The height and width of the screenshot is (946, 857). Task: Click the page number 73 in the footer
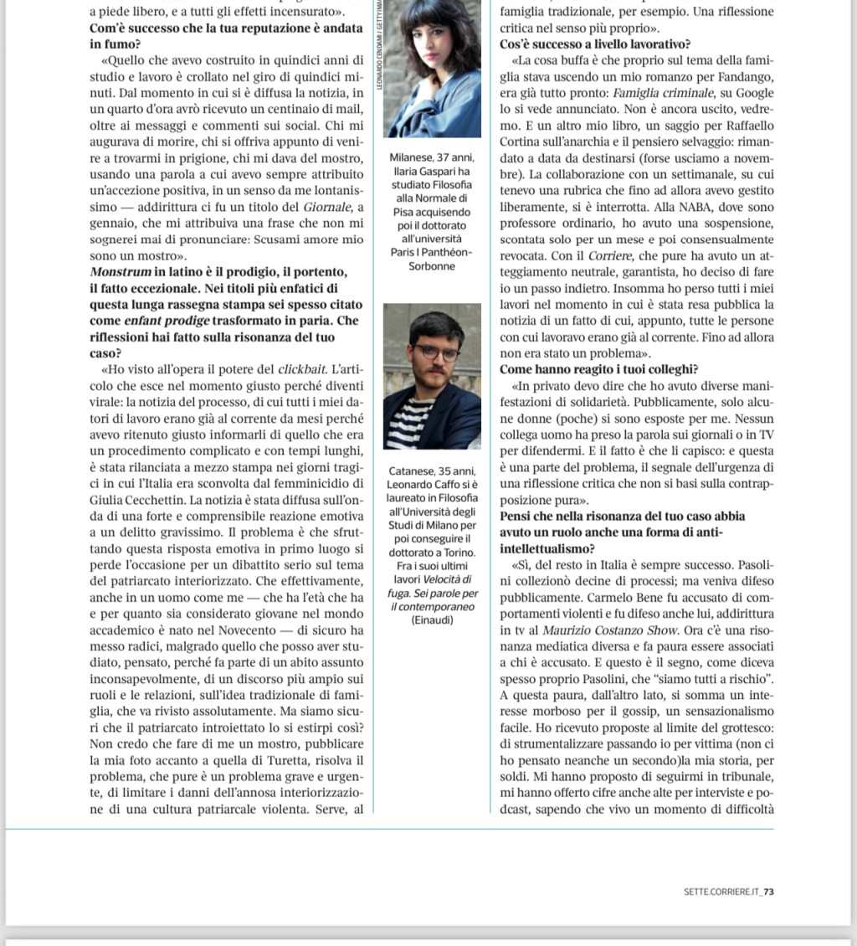[x=768, y=892]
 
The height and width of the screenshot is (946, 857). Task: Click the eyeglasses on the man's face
[x=436, y=352]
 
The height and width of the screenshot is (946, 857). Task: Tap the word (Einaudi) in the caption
[x=432, y=620]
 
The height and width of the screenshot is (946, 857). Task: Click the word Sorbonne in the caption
[x=431, y=266]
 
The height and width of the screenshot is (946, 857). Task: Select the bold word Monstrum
[x=121, y=273]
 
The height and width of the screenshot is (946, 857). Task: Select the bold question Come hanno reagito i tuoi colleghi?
[x=598, y=369]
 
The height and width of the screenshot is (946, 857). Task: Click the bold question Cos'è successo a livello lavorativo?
[x=601, y=44]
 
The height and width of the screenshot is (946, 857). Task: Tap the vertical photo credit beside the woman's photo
[x=379, y=59]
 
